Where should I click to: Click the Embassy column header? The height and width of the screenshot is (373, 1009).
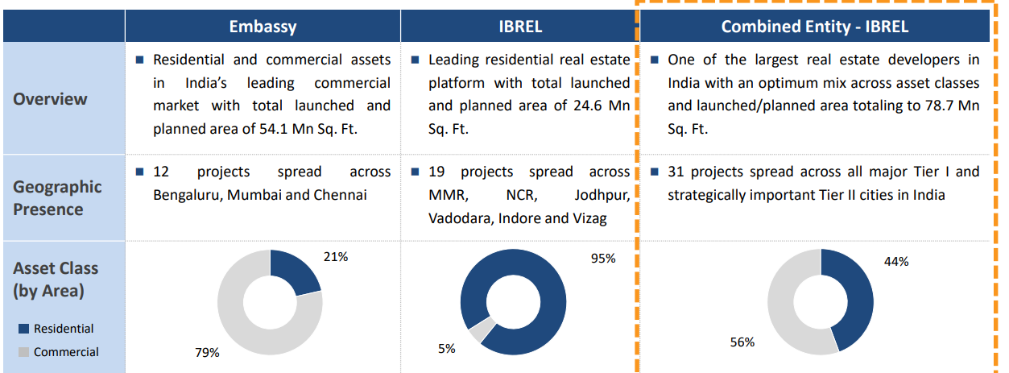tap(263, 27)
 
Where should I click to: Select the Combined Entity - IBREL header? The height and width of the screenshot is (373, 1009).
tap(814, 27)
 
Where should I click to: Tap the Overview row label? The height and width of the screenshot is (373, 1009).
tap(50, 99)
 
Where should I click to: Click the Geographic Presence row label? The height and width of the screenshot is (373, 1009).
tap(57, 197)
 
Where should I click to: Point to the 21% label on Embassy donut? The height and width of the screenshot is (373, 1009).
tap(336, 257)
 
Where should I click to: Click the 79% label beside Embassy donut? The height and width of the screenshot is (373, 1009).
tap(208, 352)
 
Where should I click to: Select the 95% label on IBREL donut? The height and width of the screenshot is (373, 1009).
tap(603, 259)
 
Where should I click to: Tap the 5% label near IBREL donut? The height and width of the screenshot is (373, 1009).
tap(447, 348)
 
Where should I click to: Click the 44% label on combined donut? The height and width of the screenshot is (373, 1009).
tap(896, 261)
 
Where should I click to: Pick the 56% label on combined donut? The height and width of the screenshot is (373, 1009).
tap(742, 342)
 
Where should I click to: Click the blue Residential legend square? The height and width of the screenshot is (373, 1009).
tap(23, 329)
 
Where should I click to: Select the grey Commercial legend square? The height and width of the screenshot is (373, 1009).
tap(23, 352)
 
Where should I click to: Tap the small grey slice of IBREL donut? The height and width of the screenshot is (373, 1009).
tap(482, 330)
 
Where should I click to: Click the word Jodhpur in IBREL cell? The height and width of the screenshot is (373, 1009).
tap(602, 195)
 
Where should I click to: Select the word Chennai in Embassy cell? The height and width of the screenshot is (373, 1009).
tap(341, 195)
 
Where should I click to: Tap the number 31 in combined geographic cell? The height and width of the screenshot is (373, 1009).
tap(676, 172)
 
